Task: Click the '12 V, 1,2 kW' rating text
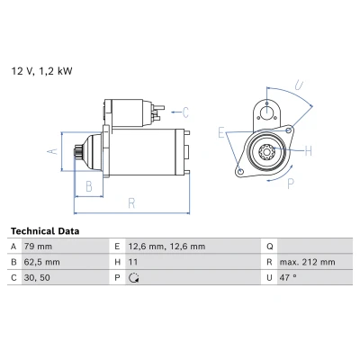coord(41,71)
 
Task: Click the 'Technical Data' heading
coord(45,231)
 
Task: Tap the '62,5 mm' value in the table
coord(41,262)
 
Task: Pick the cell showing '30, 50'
coord(37,278)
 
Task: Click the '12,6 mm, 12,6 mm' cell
coord(166,247)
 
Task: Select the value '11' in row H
coord(133,262)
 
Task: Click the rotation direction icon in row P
coord(133,278)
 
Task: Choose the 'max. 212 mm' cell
coord(308,262)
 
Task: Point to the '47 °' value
coord(288,278)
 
